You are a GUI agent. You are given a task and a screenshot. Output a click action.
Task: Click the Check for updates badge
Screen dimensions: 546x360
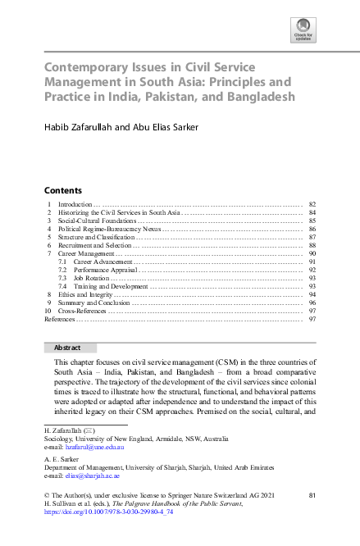303,31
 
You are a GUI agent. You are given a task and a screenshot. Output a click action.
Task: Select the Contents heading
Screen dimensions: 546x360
62,189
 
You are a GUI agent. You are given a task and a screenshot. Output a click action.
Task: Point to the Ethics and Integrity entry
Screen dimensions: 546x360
84,294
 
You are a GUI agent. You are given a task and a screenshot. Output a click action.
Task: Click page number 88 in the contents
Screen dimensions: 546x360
312,245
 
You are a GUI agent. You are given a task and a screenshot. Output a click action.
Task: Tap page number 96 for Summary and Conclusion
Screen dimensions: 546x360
312,303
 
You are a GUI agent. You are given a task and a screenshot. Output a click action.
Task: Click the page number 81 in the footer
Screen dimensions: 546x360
311,495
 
